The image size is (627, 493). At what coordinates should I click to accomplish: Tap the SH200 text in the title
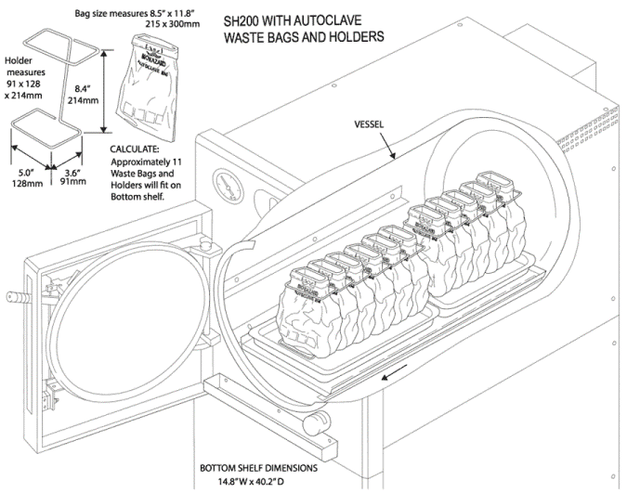[244, 20]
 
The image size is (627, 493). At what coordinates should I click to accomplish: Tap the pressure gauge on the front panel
[224, 183]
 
